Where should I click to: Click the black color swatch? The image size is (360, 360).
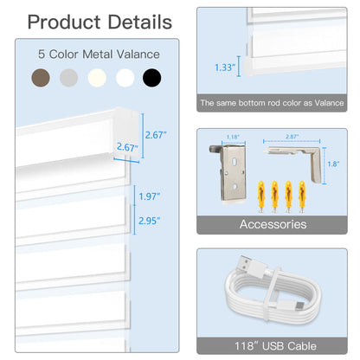[152, 78]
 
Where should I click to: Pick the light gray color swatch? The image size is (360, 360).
[67, 78]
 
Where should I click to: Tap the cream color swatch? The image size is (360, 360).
[97, 78]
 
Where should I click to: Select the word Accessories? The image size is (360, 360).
[273, 224]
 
